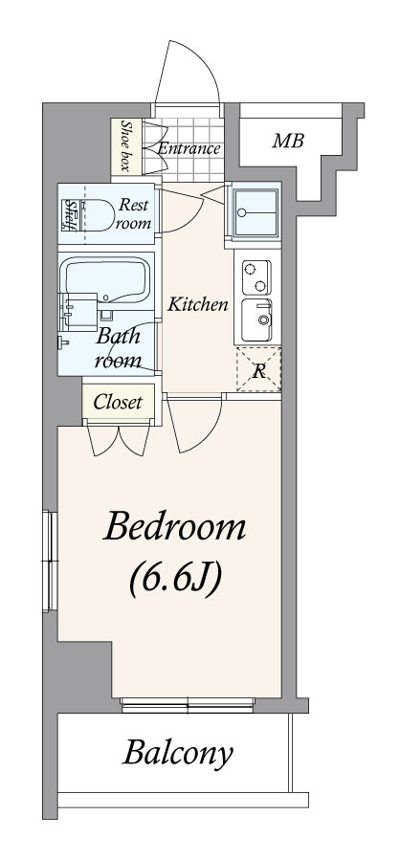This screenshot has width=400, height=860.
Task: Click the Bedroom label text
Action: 174,527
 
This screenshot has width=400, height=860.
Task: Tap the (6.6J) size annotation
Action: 175,578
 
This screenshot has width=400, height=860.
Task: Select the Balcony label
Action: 177,754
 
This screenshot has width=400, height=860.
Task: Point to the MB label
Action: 288,141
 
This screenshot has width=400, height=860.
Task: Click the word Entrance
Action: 189,148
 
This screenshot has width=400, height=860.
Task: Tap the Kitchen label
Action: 197,304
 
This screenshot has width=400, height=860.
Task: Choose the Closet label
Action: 118,402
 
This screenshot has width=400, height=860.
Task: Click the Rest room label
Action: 134,214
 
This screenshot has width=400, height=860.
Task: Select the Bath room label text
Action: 118,347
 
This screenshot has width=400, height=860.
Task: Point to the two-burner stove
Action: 256,277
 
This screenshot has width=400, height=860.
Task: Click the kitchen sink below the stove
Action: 256,320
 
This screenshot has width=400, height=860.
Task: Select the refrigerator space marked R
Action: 258,369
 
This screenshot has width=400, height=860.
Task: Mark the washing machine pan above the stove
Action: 256,212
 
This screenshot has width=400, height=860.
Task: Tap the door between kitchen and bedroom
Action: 195,424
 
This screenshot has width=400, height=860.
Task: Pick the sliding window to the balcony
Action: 188,705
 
